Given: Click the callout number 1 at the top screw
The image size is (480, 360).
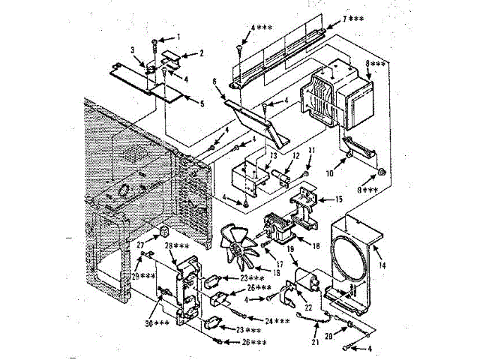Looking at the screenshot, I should point(178,37).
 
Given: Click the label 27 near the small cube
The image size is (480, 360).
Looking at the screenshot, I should point(139,244).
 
